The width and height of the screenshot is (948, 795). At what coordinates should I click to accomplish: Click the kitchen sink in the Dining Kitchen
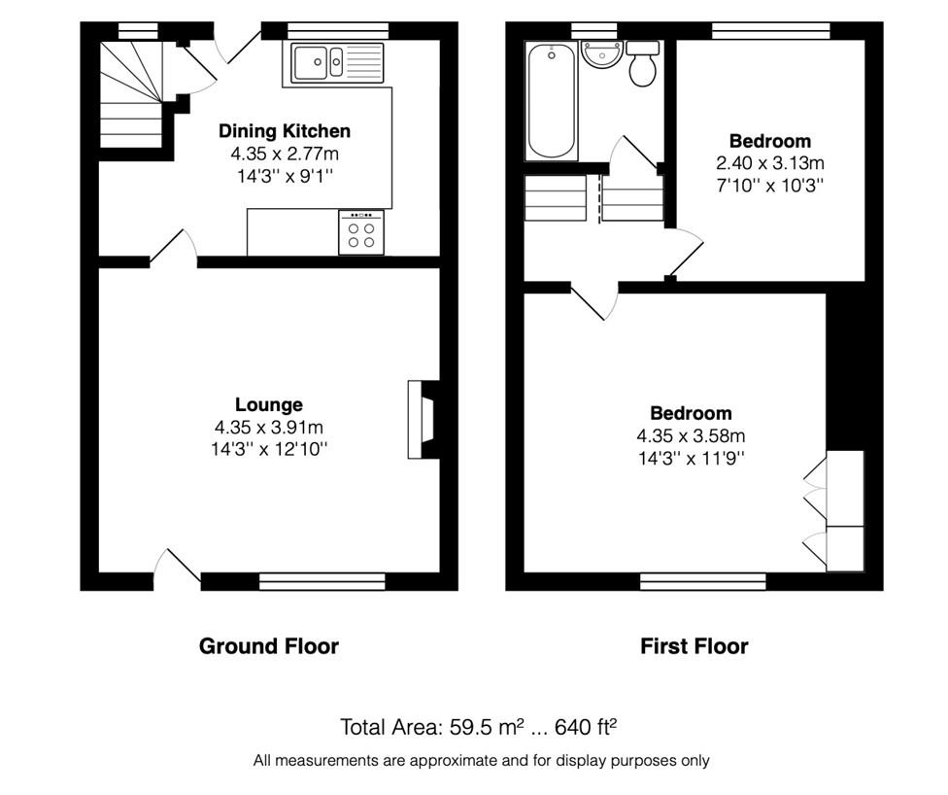tap(337, 63)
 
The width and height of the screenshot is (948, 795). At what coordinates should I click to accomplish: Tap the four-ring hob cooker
tap(361, 232)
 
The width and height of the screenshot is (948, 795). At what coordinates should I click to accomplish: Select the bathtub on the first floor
tap(551, 100)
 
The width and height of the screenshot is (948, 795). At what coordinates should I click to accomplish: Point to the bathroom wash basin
tap(601, 55)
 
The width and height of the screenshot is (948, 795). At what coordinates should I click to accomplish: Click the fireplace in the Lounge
tap(423, 419)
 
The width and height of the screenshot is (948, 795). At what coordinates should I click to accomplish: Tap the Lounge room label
tap(269, 404)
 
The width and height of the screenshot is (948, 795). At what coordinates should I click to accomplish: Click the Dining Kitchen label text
tap(285, 130)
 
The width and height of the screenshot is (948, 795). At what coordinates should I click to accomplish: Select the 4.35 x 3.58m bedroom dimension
tap(691, 435)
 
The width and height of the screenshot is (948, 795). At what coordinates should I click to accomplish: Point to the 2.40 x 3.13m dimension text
tap(769, 162)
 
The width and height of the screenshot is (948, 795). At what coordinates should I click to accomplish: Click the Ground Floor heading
tap(268, 646)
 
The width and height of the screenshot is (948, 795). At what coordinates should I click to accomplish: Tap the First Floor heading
tap(694, 646)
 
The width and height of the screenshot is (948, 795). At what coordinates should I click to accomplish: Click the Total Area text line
tap(478, 727)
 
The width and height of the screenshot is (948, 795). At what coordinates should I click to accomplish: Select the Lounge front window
tap(322, 581)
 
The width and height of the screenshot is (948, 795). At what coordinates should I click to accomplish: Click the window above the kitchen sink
tap(338, 31)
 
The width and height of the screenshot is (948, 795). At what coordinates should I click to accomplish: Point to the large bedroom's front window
tap(703, 581)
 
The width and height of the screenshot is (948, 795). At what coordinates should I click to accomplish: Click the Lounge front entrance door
tap(177, 569)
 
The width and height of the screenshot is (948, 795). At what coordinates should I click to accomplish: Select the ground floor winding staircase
tap(131, 94)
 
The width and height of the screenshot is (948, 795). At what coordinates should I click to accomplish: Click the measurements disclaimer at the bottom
tap(481, 761)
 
